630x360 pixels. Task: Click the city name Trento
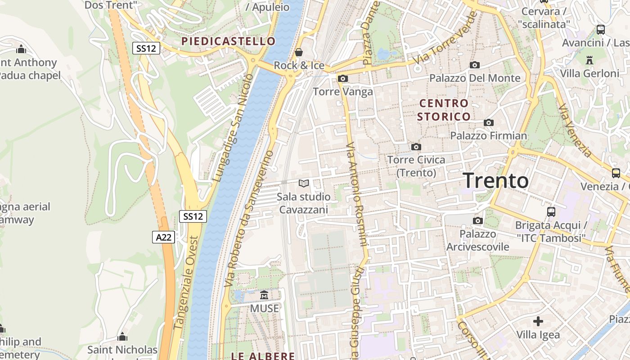click(x=495, y=180)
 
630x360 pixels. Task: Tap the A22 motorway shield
click(x=163, y=237)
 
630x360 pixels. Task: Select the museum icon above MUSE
click(x=264, y=295)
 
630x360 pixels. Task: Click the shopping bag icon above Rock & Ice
click(x=299, y=52)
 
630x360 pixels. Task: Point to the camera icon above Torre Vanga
click(x=342, y=79)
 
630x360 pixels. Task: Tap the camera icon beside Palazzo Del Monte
click(x=474, y=65)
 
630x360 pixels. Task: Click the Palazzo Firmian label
click(x=488, y=135)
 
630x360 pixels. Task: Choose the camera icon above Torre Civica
click(x=416, y=147)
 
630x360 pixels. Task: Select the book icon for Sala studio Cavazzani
click(x=304, y=184)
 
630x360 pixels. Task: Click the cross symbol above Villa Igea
click(x=538, y=321)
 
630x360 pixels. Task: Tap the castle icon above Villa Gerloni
click(x=589, y=60)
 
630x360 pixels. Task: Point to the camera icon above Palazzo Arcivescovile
click(x=477, y=220)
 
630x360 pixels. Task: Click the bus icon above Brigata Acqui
click(x=551, y=211)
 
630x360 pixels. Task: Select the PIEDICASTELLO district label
click(x=228, y=41)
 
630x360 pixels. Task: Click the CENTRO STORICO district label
click(x=443, y=110)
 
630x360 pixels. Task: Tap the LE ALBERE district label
click(x=263, y=356)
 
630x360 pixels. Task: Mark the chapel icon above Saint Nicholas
click(x=122, y=337)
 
